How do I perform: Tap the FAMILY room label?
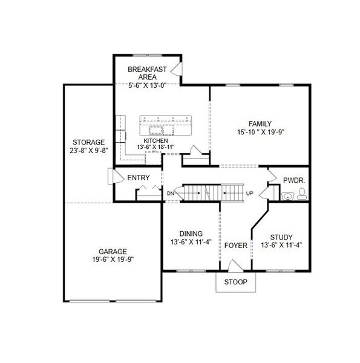[260, 123]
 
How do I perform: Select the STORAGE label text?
[89, 142]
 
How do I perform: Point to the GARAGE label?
[113, 251]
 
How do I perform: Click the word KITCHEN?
[155, 140]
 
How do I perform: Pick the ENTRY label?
[138, 178]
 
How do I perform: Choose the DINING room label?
[191, 234]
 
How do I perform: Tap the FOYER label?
[236, 246]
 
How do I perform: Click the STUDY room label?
[281, 237]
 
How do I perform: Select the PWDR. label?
[293, 180]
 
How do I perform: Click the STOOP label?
[235, 282]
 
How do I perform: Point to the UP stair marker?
[249, 194]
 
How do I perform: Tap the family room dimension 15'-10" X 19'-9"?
[260, 132]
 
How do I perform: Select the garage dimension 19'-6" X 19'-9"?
[113, 260]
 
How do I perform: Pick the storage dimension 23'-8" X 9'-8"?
[89, 151]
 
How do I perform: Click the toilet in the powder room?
[301, 195]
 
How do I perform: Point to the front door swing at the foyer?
[234, 266]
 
